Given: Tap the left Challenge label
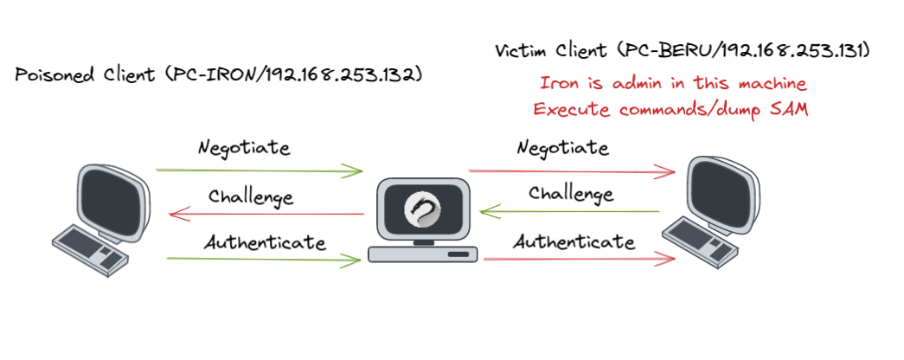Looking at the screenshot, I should point(251,196).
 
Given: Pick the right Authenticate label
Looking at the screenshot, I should point(574,241).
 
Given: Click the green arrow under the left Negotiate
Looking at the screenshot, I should point(260,170).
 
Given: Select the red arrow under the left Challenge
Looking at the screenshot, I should point(268,214).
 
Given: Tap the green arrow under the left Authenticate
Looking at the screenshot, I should point(260,258).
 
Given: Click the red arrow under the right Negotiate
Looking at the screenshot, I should point(571,170).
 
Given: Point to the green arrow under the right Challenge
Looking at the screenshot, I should point(571,209).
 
